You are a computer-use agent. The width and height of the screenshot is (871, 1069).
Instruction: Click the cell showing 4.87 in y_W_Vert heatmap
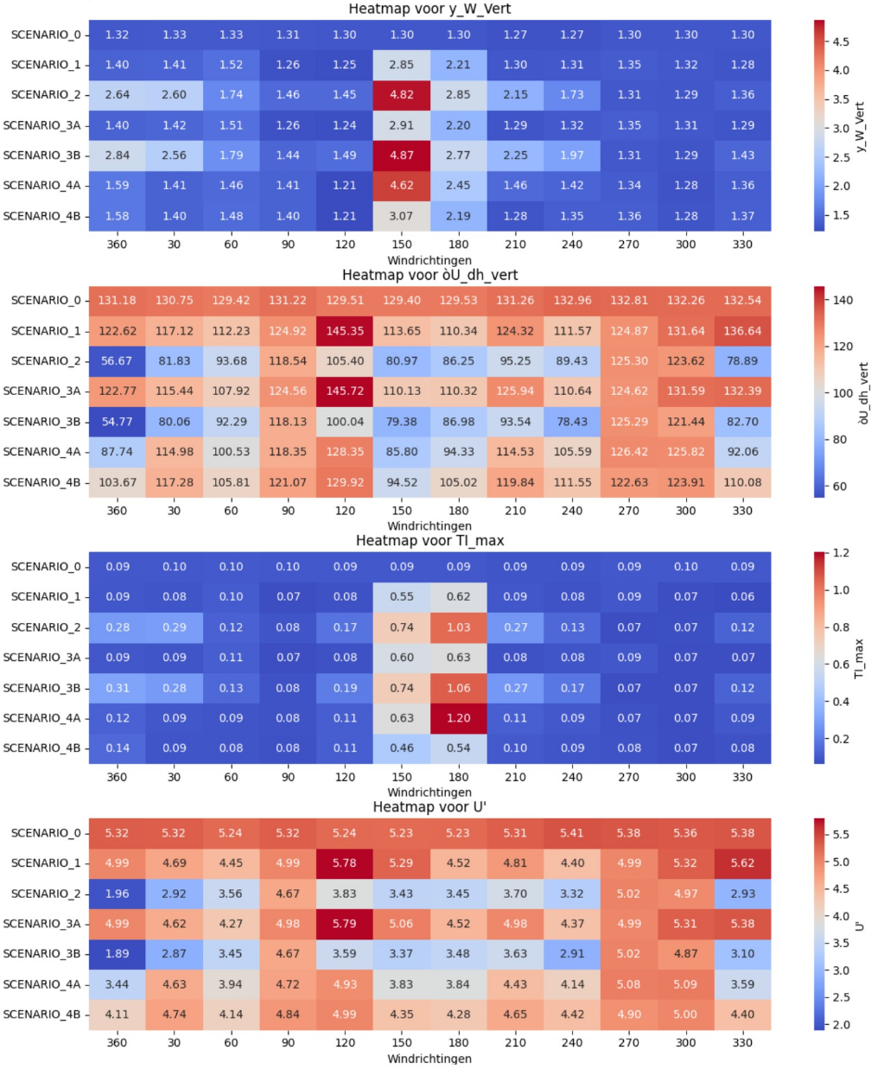click(402, 156)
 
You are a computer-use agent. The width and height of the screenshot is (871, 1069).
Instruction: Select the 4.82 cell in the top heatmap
click(402, 95)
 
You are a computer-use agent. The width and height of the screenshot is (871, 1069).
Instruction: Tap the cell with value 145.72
click(345, 391)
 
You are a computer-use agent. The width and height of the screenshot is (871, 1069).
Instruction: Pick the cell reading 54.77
click(118, 422)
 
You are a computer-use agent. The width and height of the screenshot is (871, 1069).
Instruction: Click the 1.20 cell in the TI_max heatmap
click(459, 718)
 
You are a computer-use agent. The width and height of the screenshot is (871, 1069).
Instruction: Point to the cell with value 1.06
click(459, 688)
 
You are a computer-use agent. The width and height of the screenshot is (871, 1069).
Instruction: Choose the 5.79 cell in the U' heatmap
click(345, 924)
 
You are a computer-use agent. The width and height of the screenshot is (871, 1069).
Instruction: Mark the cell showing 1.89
click(118, 954)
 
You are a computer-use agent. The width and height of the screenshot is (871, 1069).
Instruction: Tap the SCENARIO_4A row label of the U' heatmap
click(41, 984)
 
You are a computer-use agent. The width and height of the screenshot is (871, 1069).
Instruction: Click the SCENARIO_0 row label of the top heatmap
click(46, 35)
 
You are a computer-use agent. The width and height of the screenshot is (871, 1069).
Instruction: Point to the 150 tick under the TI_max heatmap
click(402, 777)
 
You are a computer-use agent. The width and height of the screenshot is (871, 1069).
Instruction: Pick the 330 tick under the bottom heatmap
click(743, 1043)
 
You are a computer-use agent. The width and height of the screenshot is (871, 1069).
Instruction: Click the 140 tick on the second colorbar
click(842, 301)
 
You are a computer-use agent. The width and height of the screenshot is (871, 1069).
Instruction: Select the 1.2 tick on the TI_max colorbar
click(840, 553)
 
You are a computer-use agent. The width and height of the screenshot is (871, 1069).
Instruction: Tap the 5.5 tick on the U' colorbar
click(840, 835)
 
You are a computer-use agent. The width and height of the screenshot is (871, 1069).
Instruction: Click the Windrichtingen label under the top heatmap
click(429, 260)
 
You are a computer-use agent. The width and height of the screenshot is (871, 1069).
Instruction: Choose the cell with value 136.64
click(743, 331)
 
